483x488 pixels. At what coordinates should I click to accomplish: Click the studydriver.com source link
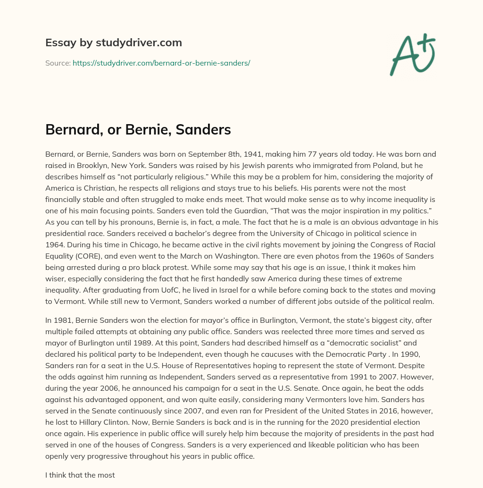(x=161, y=63)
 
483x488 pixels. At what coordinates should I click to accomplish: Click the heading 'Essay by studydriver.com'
(x=113, y=42)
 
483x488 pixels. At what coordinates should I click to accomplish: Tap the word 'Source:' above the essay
(x=58, y=63)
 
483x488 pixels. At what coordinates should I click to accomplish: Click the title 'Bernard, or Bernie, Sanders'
(x=138, y=130)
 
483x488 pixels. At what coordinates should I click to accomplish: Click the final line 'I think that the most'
(x=80, y=475)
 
